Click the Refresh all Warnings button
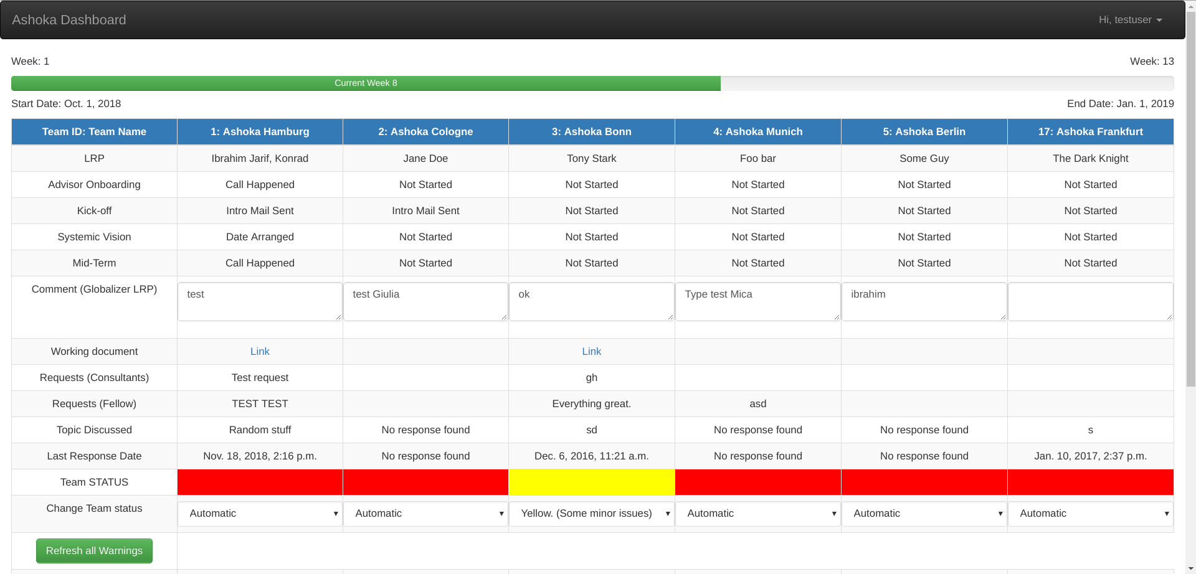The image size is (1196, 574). [x=94, y=551]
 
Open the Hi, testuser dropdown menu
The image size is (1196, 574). [x=1130, y=20]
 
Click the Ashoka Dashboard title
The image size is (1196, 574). [x=69, y=20]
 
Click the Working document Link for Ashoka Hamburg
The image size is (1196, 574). [x=260, y=352]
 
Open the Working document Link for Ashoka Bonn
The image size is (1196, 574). [x=591, y=352]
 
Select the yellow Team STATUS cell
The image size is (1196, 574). [x=591, y=482]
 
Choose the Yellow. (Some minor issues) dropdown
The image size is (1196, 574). [x=591, y=514]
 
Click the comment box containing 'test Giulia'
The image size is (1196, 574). [x=425, y=302]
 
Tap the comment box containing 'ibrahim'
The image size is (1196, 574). [x=924, y=302]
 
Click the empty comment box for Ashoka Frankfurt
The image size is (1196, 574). [x=1090, y=302]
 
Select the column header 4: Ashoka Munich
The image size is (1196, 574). [x=757, y=132]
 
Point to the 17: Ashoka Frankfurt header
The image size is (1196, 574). [x=1090, y=132]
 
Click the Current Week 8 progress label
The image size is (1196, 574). [x=366, y=83]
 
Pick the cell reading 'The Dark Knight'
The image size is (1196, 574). [x=1090, y=159]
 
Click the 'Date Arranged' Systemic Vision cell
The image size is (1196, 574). [x=260, y=237]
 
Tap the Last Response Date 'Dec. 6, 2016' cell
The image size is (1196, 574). [x=591, y=456]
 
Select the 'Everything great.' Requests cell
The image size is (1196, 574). [x=591, y=404]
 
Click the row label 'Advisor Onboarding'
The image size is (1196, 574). [x=94, y=185]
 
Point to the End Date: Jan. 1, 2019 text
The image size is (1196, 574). [x=1120, y=104]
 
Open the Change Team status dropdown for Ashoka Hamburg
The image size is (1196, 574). [x=260, y=514]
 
